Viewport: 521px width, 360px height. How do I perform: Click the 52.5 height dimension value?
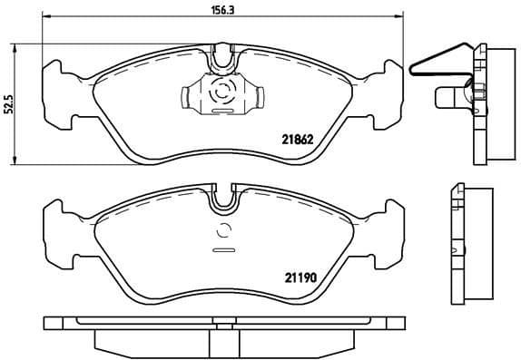[x=9, y=105]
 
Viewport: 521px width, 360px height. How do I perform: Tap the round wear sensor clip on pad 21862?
[x=221, y=93]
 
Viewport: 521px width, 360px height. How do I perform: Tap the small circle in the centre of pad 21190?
[x=222, y=230]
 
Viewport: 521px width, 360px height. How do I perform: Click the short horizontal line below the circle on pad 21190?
[x=222, y=248]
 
